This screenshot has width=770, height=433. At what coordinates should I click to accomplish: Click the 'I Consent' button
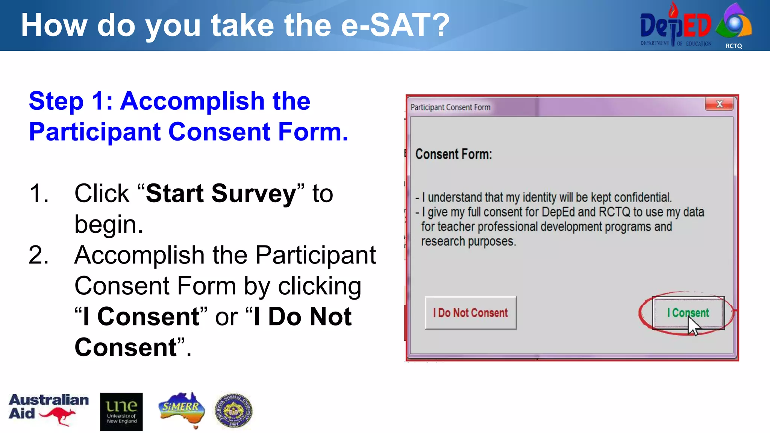point(688,313)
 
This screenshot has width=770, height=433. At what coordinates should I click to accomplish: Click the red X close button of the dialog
point(719,104)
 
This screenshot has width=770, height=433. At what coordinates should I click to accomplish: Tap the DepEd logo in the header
point(675,26)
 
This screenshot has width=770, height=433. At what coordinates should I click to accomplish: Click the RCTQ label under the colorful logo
point(734,46)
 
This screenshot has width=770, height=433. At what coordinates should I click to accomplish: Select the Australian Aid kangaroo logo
point(49,410)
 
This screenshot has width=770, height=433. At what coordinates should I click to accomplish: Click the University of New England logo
point(121,412)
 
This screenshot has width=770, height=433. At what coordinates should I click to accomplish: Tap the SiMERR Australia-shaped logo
point(182,410)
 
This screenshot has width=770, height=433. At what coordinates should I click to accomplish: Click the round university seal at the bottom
point(233,411)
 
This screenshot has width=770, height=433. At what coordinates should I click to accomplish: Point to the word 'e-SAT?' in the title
point(395,26)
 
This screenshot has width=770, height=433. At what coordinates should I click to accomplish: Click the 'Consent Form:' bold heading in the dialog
point(453,154)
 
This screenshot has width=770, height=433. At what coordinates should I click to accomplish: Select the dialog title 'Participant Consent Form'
point(450,107)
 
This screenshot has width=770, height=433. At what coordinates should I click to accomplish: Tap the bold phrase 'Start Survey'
point(221,194)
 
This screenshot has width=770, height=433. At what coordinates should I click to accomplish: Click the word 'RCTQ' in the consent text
point(614,212)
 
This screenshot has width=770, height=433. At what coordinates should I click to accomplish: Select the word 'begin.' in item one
point(109,224)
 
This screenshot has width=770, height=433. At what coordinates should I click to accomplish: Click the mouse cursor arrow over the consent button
point(693,326)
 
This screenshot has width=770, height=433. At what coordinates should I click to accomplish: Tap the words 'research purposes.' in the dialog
point(468,241)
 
